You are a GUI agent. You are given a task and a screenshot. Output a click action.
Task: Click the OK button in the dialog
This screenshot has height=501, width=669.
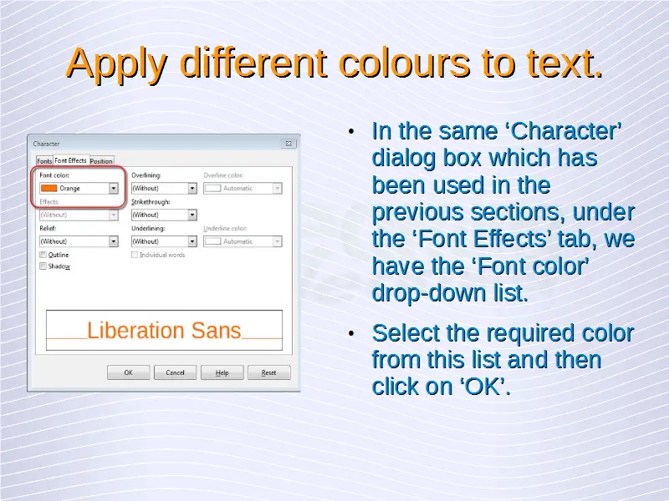(x=129, y=372)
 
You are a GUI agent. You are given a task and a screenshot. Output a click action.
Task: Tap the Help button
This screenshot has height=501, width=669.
(x=222, y=372)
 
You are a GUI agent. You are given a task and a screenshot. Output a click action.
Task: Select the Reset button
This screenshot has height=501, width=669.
(x=268, y=372)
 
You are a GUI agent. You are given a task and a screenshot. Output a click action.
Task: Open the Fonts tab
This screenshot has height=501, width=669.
(x=44, y=160)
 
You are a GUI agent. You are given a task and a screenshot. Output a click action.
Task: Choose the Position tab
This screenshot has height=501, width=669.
(x=101, y=160)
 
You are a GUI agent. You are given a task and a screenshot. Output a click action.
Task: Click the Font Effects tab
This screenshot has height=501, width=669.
(x=71, y=160)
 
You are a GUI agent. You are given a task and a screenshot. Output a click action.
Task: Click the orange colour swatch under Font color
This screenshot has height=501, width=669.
(x=49, y=189)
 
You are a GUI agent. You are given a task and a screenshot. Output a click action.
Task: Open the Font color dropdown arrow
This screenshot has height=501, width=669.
(x=114, y=189)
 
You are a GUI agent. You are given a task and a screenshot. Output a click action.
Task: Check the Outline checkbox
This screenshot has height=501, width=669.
(x=43, y=255)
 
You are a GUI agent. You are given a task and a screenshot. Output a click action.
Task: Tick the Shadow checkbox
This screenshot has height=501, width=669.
(x=43, y=266)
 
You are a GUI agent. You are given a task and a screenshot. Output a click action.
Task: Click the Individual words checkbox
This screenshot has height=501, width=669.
(x=135, y=255)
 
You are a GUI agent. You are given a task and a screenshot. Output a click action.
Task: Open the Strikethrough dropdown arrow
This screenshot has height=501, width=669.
(x=192, y=215)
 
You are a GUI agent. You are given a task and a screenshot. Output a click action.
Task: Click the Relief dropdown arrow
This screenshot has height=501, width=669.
(x=114, y=241)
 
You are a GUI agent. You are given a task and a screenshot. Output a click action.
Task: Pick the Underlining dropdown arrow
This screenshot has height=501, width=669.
(x=192, y=241)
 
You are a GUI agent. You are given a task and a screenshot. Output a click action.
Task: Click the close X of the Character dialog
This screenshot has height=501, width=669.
(x=289, y=144)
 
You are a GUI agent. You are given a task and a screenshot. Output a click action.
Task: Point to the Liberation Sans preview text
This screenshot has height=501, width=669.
(x=164, y=330)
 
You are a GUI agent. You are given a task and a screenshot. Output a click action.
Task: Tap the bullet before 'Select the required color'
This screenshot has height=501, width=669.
(x=351, y=333)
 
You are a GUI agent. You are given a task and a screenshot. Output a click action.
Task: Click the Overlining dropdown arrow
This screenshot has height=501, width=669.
(x=192, y=189)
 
